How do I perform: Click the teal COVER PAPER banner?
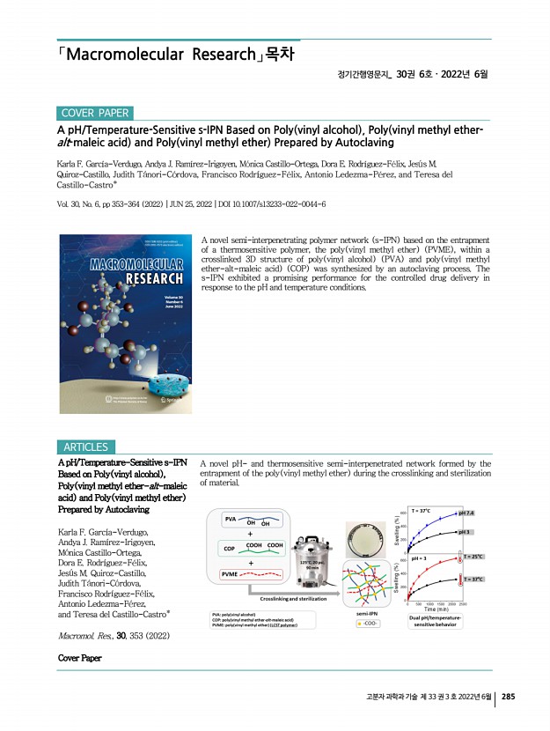pyautogui.click(x=95, y=113)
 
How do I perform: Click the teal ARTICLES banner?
pyautogui.click(x=85, y=447)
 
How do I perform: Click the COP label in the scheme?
pyautogui.click(x=229, y=549)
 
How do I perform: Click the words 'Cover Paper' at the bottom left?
pyautogui.click(x=79, y=658)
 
